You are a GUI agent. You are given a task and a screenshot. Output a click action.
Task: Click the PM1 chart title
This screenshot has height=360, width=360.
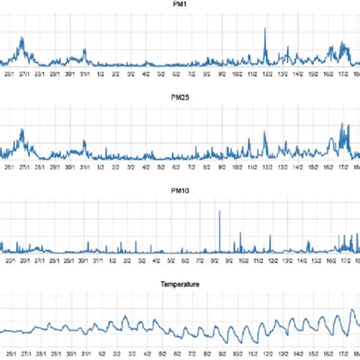(180, 5)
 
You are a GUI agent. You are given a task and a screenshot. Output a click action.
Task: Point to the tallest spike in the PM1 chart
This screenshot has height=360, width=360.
(264, 30)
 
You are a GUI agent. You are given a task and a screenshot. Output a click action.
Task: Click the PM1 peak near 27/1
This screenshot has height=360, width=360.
(22, 39)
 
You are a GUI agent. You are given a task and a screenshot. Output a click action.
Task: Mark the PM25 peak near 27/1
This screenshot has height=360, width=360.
(23, 131)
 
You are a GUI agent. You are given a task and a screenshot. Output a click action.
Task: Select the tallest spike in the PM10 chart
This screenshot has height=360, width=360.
(219, 212)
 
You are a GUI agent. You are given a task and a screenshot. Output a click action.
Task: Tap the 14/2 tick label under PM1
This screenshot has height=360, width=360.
(299, 74)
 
